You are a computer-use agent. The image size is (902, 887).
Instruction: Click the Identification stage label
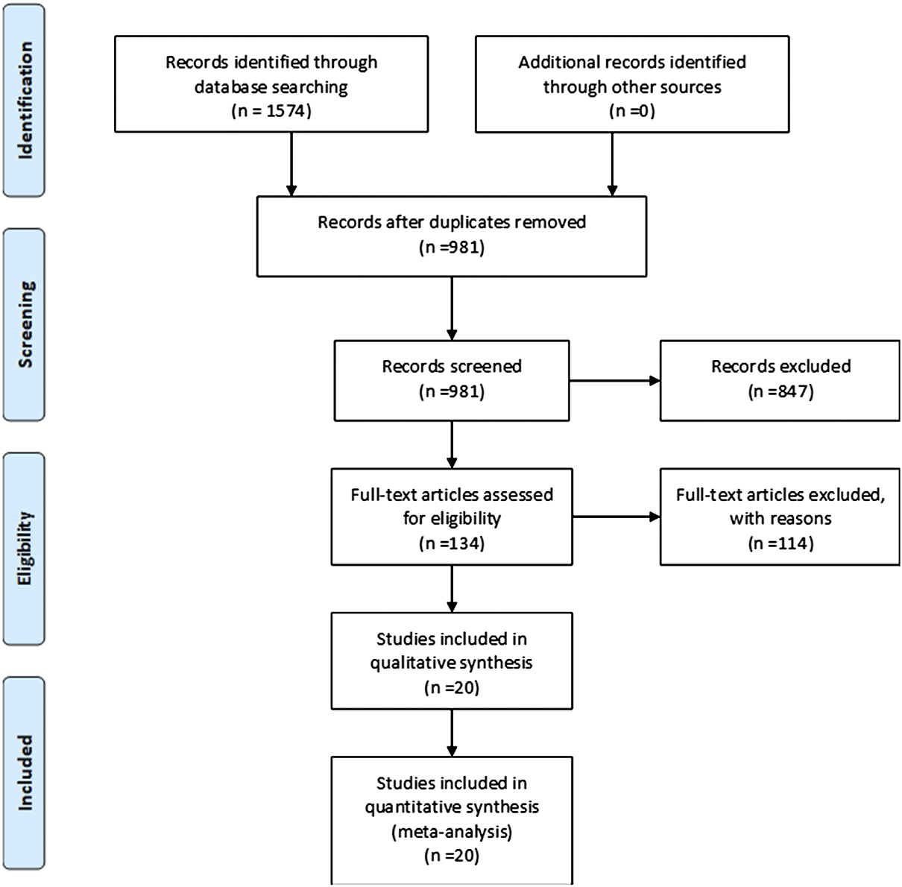tap(25, 99)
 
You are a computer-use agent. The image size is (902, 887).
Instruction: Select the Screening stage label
tap(25, 324)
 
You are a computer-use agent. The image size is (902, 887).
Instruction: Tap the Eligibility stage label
tap(25, 548)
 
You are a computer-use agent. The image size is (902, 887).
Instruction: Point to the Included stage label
tap(25, 772)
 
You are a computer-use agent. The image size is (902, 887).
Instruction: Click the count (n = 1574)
tap(271, 112)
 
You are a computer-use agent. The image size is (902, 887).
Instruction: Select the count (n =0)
tap(632, 112)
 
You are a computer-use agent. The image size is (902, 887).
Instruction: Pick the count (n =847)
tap(780, 391)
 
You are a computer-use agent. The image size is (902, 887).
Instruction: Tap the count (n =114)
tap(780, 543)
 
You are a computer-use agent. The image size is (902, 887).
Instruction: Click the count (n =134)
tap(452, 543)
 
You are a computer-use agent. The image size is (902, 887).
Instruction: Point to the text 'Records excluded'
tap(780, 366)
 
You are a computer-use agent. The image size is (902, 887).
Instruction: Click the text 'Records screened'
tap(452, 366)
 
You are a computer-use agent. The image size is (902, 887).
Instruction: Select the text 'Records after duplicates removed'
tap(452, 222)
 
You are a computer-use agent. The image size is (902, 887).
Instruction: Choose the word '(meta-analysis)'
tap(452, 831)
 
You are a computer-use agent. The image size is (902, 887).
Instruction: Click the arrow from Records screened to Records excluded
tap(615, 380)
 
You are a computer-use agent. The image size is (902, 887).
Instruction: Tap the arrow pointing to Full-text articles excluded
tap(615, 517)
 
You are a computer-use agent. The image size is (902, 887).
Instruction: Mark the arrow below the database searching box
tap(291, 164)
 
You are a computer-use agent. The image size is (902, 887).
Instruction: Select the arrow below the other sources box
tap(612, 164)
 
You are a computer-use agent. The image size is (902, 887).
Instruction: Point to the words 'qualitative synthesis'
tap(452, 663)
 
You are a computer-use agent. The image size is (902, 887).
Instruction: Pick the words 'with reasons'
tap(780, 518)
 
